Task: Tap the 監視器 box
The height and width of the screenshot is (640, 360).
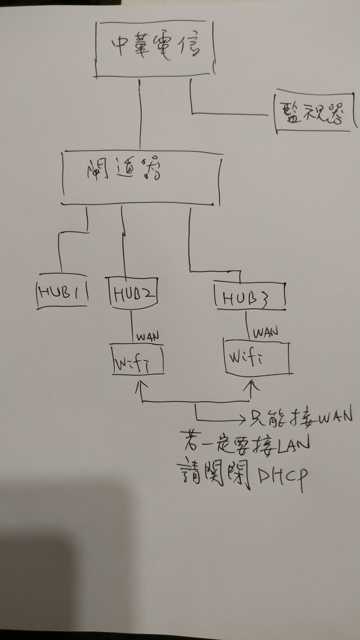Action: pos(314,112)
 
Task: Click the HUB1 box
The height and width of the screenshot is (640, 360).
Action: pos(62,293)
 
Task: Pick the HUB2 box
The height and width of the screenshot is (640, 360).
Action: pos(133,292)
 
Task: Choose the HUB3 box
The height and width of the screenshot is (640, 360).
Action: pos(250,298)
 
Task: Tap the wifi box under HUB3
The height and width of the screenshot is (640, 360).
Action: pos(257,358)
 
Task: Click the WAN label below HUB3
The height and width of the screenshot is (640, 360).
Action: pos(265,332)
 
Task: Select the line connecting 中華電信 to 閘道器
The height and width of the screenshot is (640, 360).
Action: pos(140,114)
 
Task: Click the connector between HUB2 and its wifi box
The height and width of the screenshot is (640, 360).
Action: pos(132,326)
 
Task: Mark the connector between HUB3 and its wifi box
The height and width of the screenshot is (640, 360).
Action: pos(247,325)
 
